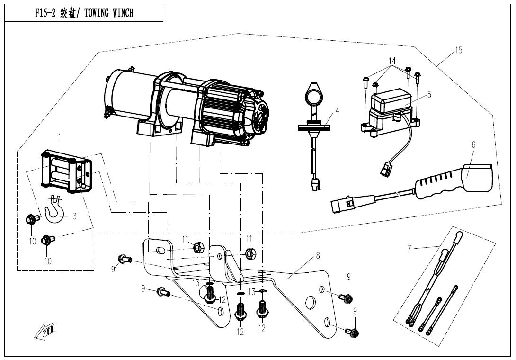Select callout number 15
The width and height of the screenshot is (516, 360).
[x=458, y=51]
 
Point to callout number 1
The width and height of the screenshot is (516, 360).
[x=60, y=136]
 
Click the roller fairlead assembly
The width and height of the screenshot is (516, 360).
[x=66, y=171]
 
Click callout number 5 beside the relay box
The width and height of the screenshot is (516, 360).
[x=429, y=94]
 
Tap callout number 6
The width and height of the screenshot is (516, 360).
[x=473, y=144]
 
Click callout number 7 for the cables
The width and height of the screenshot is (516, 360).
[x=409, y=248]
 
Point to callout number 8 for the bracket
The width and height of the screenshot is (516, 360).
[x=318, y=256]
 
